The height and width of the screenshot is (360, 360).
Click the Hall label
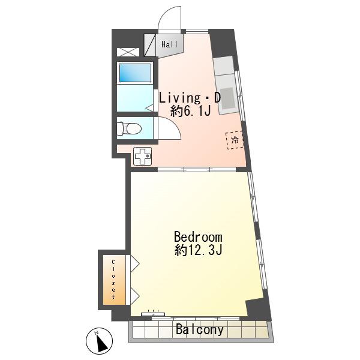coord(169,44)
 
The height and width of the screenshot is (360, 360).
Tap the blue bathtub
coord(135,73)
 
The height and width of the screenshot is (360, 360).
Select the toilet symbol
coord(128,128)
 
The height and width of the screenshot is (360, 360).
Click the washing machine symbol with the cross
coord(143,156)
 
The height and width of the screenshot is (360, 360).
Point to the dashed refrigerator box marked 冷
coord(234,140)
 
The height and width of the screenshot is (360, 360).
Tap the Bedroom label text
coord(198,237)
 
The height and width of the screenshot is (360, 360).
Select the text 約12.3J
coord(198,250)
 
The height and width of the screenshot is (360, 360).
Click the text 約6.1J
coord(191,112)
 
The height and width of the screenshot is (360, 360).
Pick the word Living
coord(180,98)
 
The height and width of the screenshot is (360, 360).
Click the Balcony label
coord(200,329)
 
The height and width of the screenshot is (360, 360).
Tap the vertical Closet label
coord(113,279)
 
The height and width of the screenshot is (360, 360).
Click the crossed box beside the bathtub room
coord(128,52)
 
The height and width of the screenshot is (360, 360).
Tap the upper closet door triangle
coord(135,263)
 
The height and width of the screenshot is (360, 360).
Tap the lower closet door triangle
coord(135,296)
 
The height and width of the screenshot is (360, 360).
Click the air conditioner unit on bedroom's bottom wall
coord(153,314)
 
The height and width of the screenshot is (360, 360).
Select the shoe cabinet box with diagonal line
coord(149,45)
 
